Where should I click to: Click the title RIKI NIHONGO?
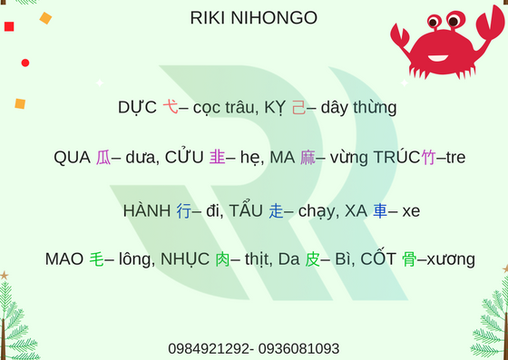(x=254, y=18)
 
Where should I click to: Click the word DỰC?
(x=138, y=107)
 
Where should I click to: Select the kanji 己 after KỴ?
(x=298, y=107)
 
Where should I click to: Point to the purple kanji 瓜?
(x=103, y=158)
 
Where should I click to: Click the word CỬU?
(x=184, y=158)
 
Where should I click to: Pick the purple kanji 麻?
(x=308, y=158)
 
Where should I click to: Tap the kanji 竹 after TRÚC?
(x=428, y=158)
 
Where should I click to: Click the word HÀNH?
(x=147, y=211)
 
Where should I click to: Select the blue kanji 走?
(x=276, y=211)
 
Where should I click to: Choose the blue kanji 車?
(x=380, y=211)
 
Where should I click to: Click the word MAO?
(x=64, y=259)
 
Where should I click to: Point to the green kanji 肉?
(x=222, y=259)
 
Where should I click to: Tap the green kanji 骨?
(x=409, y=259)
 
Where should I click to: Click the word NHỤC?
(x=185, y=259)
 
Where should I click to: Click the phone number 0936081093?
(x=300, y=348)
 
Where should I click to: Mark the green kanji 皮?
(x=312, y=259)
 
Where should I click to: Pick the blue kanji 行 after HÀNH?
(x=183, y=211)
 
